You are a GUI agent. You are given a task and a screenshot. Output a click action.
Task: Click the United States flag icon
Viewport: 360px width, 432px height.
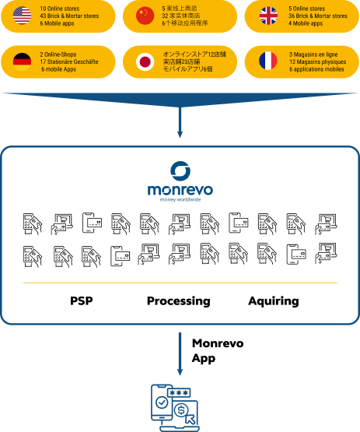[x=22, y=16]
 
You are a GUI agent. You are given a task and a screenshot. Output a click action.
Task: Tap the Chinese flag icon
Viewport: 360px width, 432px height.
[x=145, y=16]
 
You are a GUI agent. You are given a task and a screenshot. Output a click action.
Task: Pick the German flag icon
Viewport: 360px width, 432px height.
[x=22, y=61]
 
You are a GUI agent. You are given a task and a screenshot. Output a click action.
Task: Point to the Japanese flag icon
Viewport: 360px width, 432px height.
[x=145, y=61]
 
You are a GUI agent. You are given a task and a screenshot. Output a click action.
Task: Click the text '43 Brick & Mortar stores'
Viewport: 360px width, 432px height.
[x=69, y=16]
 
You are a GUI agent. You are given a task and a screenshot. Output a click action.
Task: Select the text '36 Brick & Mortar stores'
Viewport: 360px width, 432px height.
[x=317, y=16]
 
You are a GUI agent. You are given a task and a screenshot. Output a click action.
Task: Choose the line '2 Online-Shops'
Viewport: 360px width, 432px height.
[x=58, y=54]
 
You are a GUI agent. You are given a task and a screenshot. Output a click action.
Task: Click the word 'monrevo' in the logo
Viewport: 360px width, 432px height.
[x=180, y=190]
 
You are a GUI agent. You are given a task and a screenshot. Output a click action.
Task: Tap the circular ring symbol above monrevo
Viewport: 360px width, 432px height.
[x=180, y=171]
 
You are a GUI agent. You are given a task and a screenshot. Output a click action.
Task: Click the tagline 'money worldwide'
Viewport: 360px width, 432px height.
[x=180, y=201]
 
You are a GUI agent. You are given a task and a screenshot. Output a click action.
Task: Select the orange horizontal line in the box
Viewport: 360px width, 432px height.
[x=180, y=282]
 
